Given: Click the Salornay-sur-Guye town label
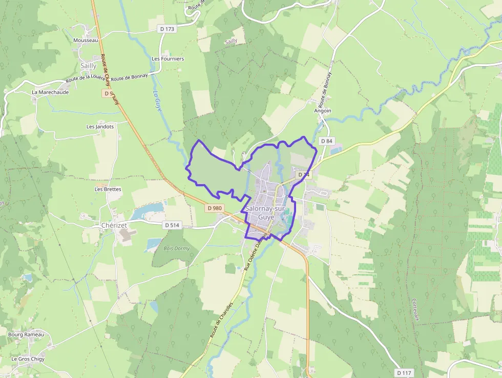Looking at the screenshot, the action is click(266, 213).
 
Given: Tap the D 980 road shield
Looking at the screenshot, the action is click(215, 208).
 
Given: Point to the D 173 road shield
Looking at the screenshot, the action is click(168, 29).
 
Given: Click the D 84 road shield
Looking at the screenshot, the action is click(326, 141).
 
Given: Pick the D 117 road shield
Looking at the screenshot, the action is click(405, 372).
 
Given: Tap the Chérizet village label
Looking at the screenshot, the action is click(114, 225).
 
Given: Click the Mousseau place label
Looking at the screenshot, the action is click(86, 40).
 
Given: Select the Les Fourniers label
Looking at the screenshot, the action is click(168, 59).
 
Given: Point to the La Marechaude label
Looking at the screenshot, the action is click(50, 92).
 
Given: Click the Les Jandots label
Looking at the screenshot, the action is click(100, 126).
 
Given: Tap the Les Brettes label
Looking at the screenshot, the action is click(108, 189).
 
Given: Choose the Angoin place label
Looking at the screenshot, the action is click(323, 111).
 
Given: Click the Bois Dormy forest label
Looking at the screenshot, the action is click(176, 248).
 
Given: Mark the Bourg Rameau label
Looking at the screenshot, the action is click(26, 334).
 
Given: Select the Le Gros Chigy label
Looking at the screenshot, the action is click(28, 359).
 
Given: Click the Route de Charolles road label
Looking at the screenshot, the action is click(221, 319).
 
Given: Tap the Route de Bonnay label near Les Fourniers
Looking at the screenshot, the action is click(129, 77).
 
